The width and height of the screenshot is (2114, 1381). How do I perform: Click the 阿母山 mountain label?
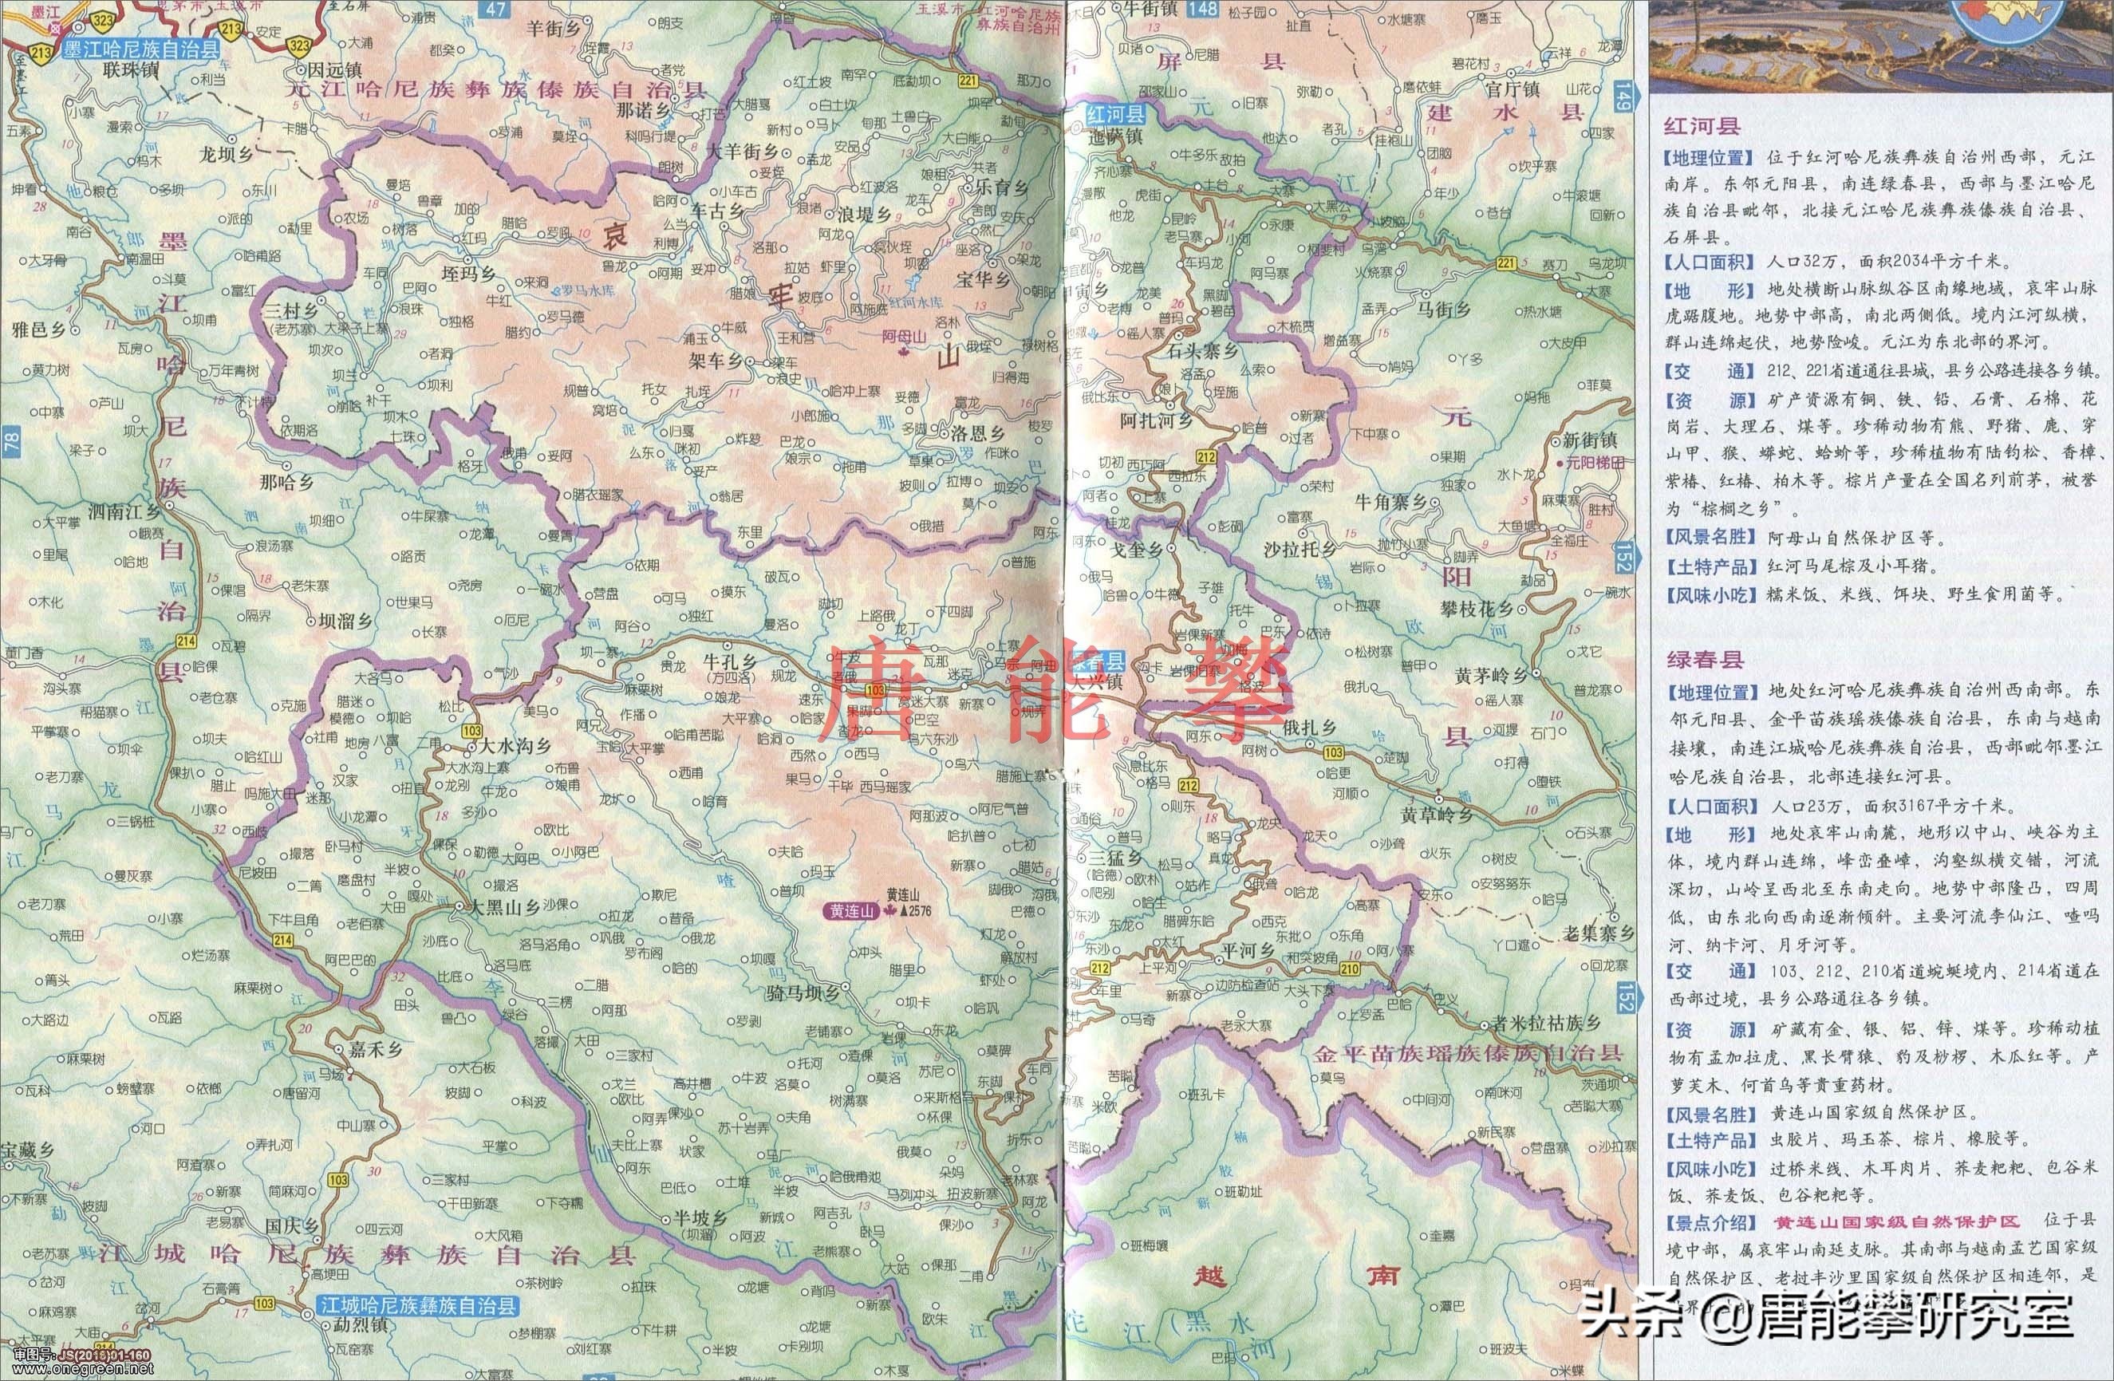click(x=903, y=337)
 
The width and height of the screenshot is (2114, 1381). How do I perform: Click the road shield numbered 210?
click(x=1349, y=969)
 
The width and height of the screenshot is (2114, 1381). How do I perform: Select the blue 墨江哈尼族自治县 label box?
click(x=140, y=49)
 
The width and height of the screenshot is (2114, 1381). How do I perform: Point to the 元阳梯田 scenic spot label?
click(x=1597, y=463)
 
